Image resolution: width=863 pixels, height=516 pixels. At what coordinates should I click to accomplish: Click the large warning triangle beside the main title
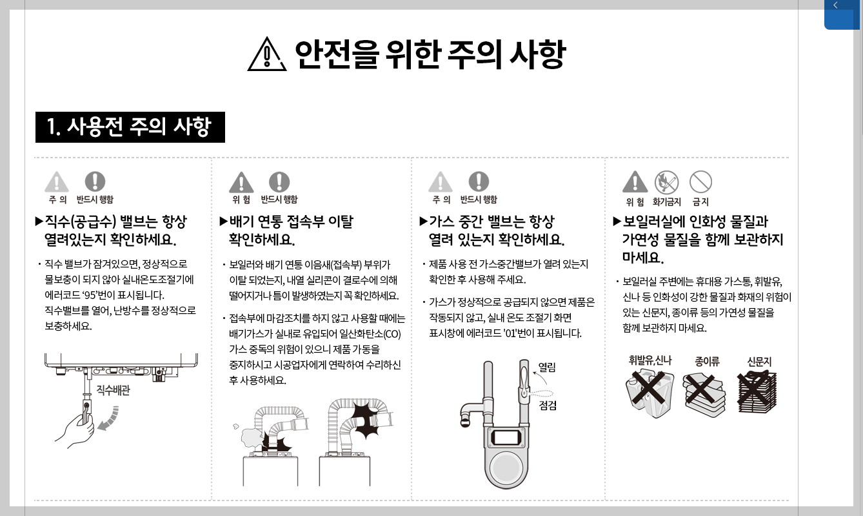(x=266, y=54)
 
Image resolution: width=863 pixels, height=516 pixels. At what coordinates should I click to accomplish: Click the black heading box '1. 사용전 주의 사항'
(x=130, y=127)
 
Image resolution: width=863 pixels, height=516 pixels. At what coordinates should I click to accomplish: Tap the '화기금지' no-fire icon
(x=666, y=183)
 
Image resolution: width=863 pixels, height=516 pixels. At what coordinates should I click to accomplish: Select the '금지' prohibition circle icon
(x=700, y=183)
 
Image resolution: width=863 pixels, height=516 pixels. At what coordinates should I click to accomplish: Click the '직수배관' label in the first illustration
(x=113, y=390)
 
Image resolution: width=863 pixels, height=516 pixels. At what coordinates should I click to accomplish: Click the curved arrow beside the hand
(x=107, y=417)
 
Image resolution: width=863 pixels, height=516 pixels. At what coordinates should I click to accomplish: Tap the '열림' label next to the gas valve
(x=547, y=367)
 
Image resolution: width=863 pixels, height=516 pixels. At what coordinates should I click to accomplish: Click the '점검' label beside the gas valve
(x=548, y=406)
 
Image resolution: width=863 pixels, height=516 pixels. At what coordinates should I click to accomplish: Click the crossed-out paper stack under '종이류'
(x=704, y=394)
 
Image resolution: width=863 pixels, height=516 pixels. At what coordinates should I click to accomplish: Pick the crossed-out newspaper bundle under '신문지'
(x=758, y=392)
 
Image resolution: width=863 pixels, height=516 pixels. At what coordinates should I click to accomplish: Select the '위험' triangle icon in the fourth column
(x=635, y=183)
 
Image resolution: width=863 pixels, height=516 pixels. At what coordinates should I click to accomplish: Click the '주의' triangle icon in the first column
(x=57, y=183)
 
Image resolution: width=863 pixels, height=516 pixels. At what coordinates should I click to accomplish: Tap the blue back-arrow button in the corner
(x=841, y=14)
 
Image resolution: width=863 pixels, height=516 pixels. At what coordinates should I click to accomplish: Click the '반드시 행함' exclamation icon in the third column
(x=479, y=182)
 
